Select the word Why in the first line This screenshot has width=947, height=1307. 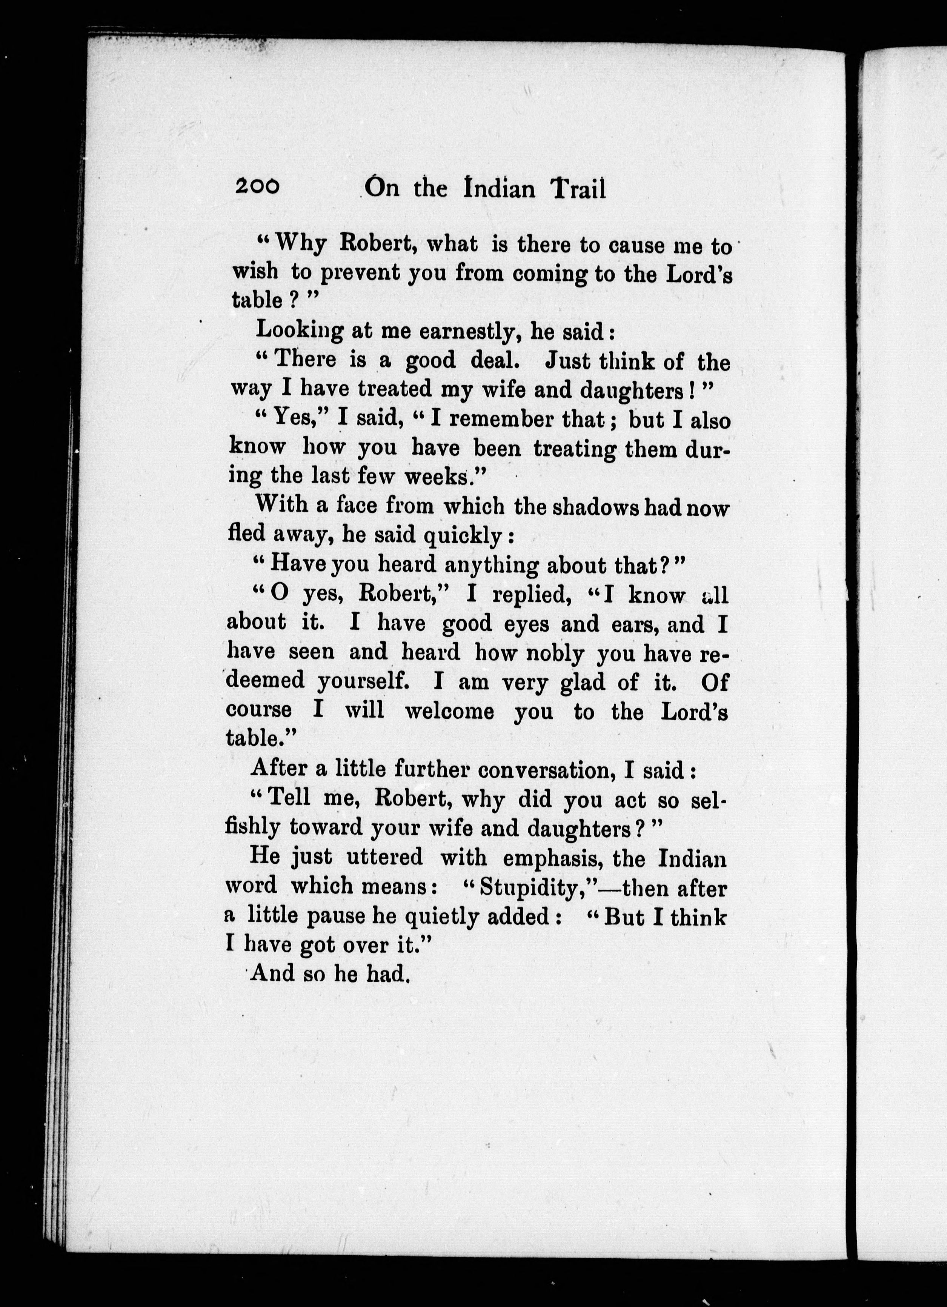[301, 244]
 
